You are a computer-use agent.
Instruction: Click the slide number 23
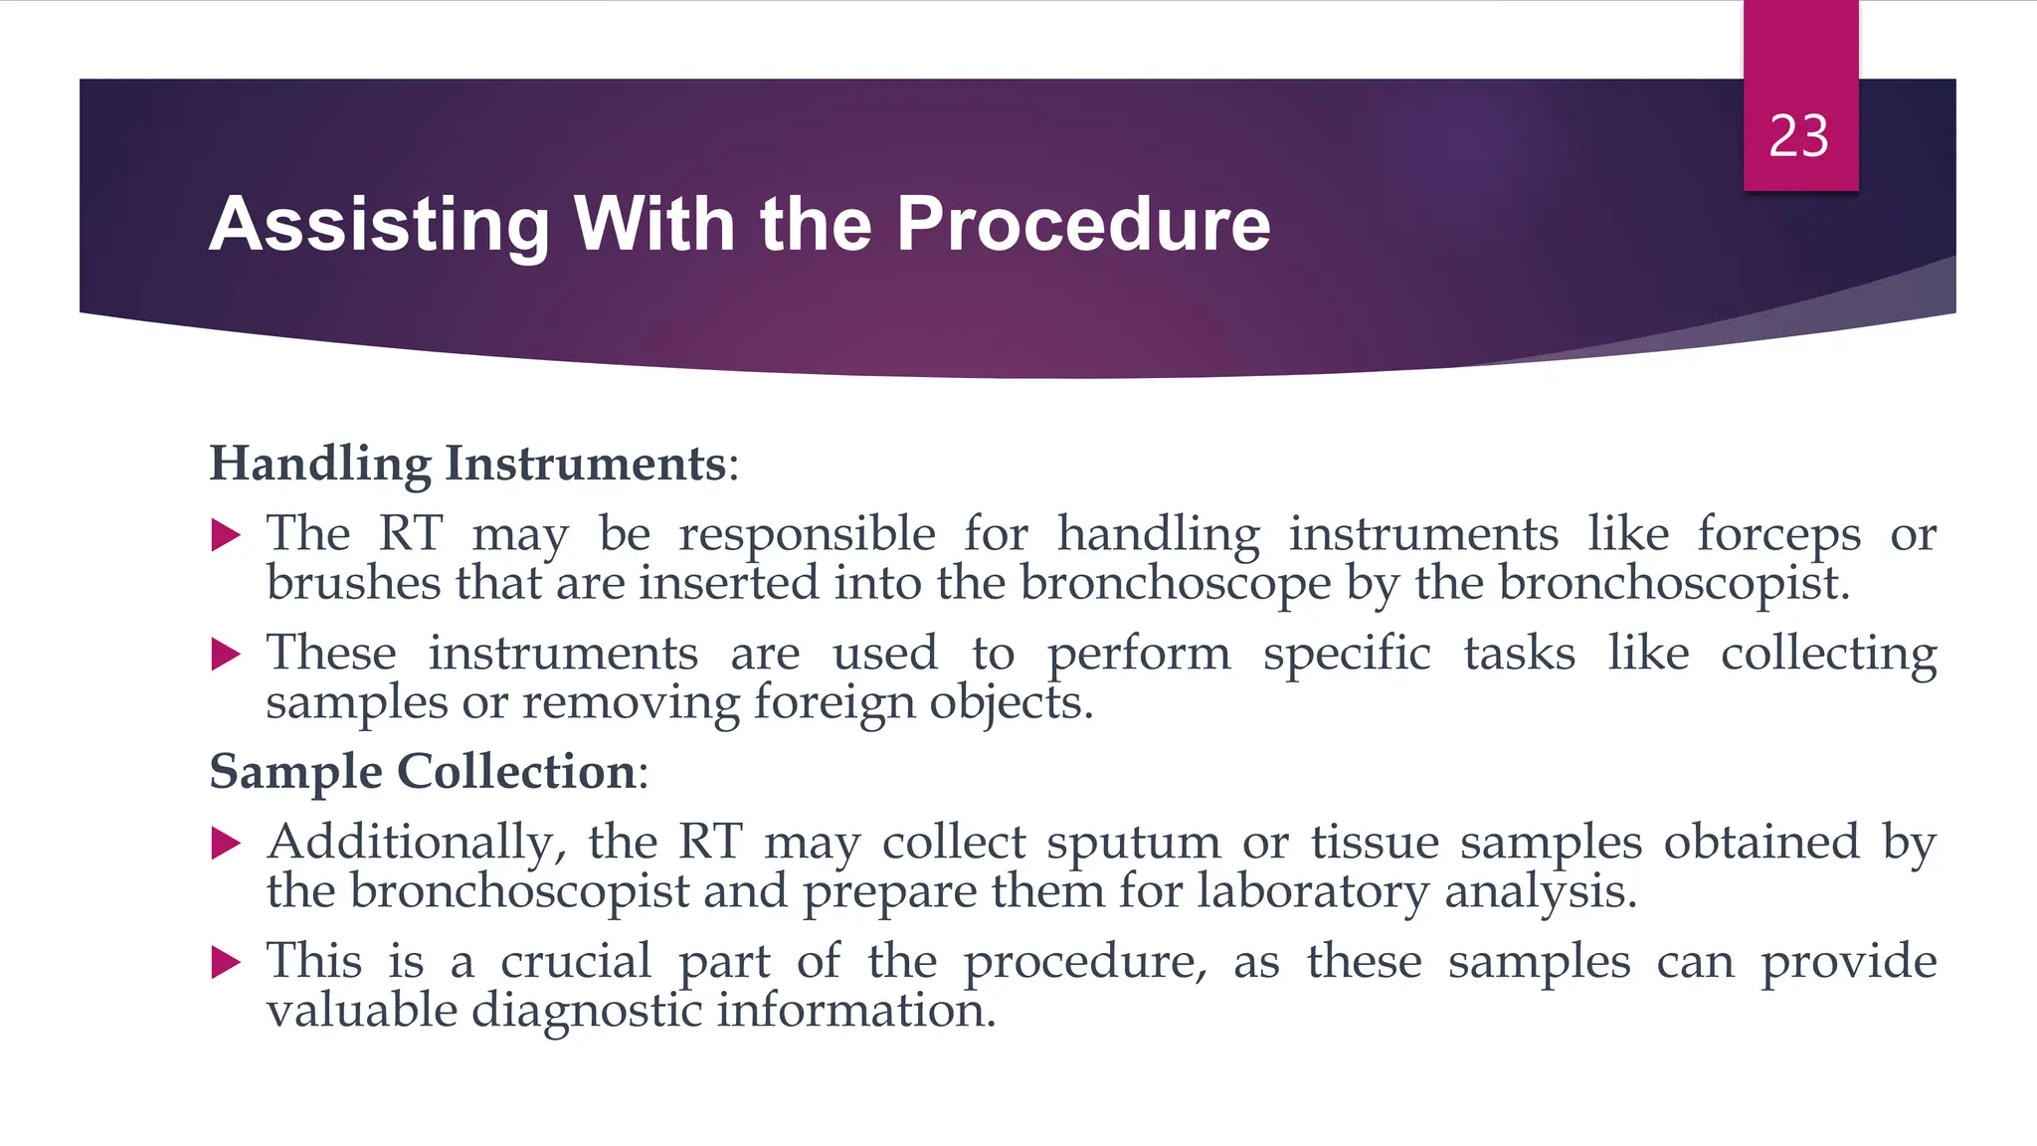[1798, 136]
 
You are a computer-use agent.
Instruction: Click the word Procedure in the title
[1083, 224]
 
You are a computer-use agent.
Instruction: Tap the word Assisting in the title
[379, 224]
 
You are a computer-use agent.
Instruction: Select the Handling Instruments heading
[467, 464]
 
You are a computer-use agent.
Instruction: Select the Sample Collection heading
[423, 772]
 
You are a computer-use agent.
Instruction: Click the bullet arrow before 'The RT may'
[227, 536]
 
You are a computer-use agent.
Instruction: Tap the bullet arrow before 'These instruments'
[227, 655]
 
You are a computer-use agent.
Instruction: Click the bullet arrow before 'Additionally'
[227, 844]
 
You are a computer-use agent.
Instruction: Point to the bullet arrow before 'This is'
[227, 962]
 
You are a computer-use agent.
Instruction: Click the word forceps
[1778, 535]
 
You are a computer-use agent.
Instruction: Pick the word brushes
[353, 583]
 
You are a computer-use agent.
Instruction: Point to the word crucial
[576, 962]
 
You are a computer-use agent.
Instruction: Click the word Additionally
[417, 844]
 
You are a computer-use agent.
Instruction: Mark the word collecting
[1828, 655]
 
